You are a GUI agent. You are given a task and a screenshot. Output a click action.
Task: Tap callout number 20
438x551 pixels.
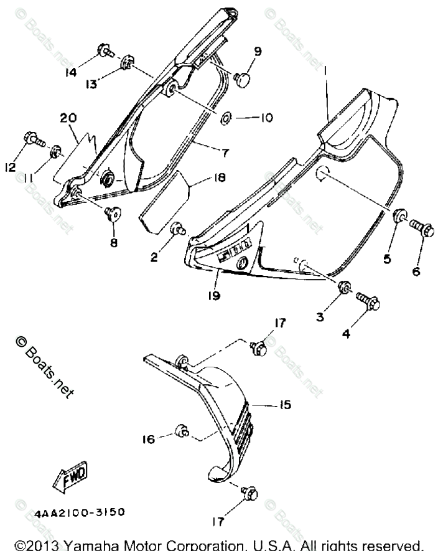tap(68, 118)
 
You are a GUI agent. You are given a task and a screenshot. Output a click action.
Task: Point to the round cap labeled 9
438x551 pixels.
tap(242, 78)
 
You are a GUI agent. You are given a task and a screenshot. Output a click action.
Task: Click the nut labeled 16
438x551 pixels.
tap(182, 430)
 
